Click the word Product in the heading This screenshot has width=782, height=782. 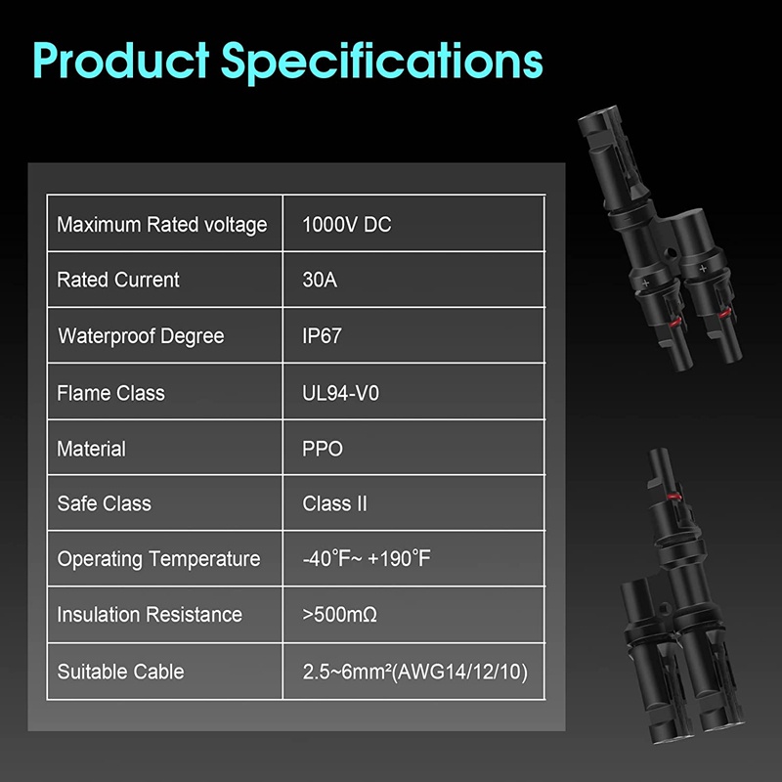click(x=121, y=60)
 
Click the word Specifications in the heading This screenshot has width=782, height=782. click(x=382, y=62)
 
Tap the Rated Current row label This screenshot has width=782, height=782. click(x=117, y=280)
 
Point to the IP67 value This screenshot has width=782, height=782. click(x=322, y=335)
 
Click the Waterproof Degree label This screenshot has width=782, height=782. click(x=141, y=336)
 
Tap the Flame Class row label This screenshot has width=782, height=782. click(x=110, y=393)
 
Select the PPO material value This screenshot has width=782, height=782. click(x=323, y=449)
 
